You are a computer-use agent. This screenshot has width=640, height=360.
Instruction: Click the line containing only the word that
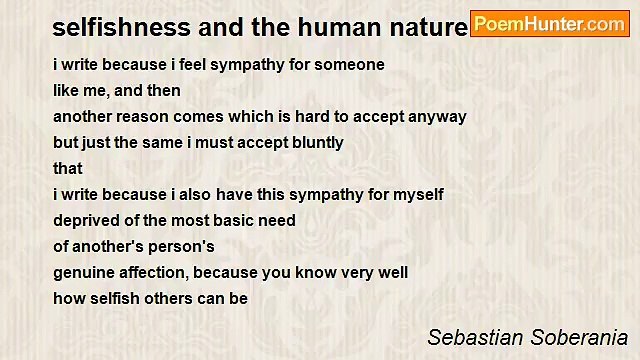point(68,168)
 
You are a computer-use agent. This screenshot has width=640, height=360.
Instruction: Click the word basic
point(234,220)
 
